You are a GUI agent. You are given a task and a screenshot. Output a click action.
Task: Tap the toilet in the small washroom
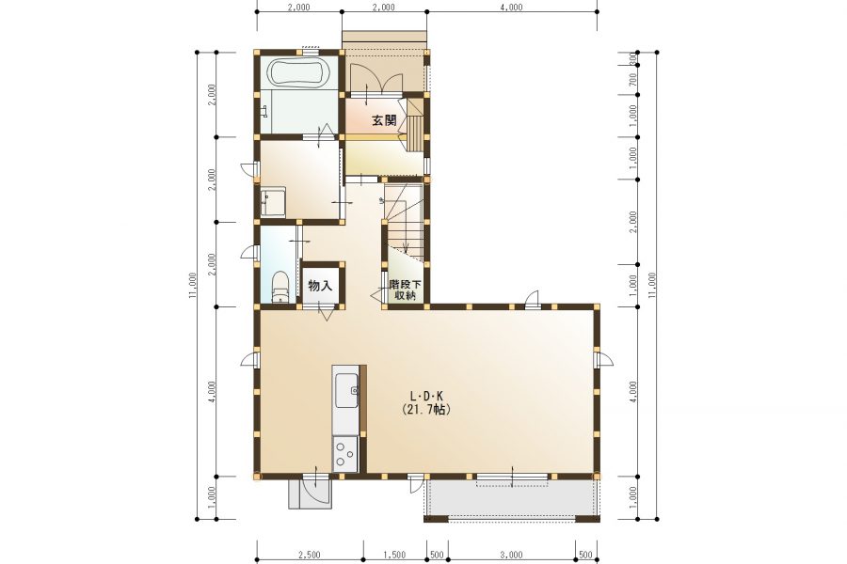click(280, 287)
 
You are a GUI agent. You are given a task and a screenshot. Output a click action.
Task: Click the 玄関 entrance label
click(384, 119)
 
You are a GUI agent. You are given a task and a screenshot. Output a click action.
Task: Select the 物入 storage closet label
click(320, 286)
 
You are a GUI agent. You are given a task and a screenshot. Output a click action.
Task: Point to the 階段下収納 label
click(405, 290)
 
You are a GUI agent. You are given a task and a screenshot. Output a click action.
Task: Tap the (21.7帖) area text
click(425, 410)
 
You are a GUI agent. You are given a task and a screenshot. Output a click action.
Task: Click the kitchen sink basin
click(346, 390)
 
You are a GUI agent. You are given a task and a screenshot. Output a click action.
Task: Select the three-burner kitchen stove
click(344, 453)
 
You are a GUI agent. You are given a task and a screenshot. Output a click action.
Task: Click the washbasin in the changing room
click(273, 203)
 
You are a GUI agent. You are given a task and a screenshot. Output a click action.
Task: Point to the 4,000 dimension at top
click(512, 7)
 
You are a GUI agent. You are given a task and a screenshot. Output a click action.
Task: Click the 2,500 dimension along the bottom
click(309, 555)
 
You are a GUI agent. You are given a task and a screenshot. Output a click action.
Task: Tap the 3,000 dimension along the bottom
click(511, 555)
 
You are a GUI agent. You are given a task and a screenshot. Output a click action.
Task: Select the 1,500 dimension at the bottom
click(394, 555)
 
